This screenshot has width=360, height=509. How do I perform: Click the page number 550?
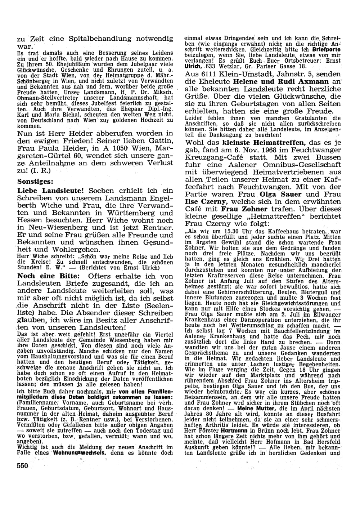[22, 465]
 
